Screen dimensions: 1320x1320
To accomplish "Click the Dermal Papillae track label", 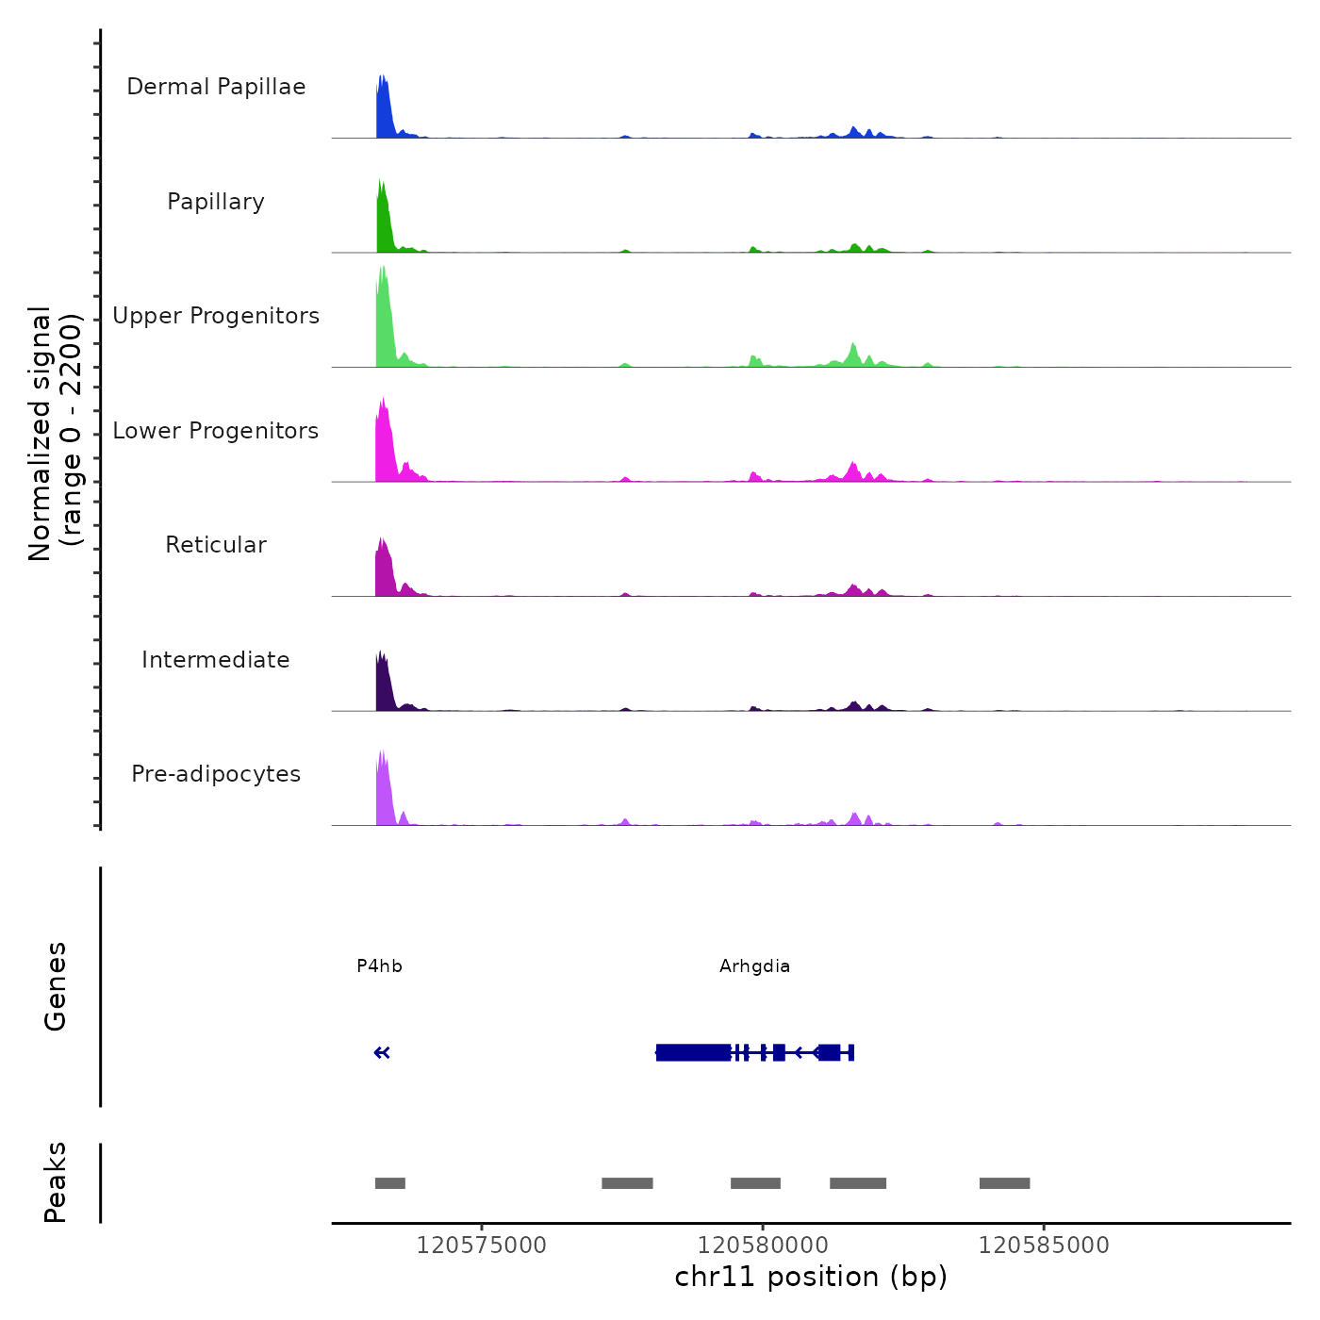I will tap(216, 87).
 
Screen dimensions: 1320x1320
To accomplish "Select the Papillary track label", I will tap(216, 202).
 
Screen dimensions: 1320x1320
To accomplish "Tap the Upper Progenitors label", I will tap(216, 316).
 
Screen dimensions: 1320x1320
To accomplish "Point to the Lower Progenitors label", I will tap(216, 431).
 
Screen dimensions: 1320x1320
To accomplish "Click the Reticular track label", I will tap(216, 545).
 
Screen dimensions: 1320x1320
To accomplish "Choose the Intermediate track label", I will tap(216, 660).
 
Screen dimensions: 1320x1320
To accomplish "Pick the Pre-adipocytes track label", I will tap(216, 774).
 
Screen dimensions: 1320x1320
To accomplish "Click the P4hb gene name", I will tap(379, 966).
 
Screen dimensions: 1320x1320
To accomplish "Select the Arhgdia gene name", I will tap(754, 966).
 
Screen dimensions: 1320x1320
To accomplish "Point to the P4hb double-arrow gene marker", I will tap(382, 1053).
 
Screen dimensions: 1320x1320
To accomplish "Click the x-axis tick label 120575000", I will tap(481, 1246).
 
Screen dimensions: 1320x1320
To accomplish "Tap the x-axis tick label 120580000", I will tap(763, 1246).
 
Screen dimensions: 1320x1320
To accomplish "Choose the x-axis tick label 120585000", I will tap(1044, 1246).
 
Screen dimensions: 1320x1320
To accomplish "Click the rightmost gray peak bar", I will tap(1004, 1183).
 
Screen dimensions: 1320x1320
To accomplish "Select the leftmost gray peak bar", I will tap(390, 1183).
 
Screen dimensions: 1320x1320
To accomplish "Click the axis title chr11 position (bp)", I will tap(811, 1278).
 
